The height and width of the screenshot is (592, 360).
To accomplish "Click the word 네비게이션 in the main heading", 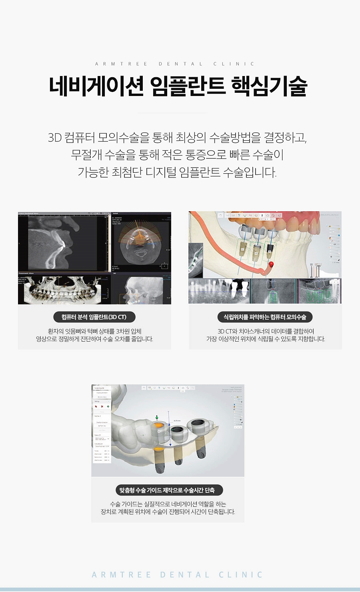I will click(96, 86).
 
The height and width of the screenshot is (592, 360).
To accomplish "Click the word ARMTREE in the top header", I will click(121, 64).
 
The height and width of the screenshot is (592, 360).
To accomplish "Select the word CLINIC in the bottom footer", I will click(241, 575).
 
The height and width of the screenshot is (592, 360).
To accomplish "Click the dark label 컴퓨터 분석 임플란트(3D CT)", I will click(94, 317).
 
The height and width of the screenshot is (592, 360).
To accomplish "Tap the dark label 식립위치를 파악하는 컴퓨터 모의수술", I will click(265, 317).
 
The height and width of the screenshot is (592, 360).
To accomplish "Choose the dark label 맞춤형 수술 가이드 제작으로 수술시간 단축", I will click(167, 490).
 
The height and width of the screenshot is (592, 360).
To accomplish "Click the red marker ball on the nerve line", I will click(271, 264).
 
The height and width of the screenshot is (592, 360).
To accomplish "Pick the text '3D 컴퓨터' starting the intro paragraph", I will click(70, 138).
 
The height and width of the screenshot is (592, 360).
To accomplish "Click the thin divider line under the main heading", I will click(172, 113).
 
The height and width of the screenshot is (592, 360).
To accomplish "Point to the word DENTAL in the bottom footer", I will click(185, 575).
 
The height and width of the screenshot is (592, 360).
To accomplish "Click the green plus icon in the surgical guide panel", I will click(108, 406).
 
